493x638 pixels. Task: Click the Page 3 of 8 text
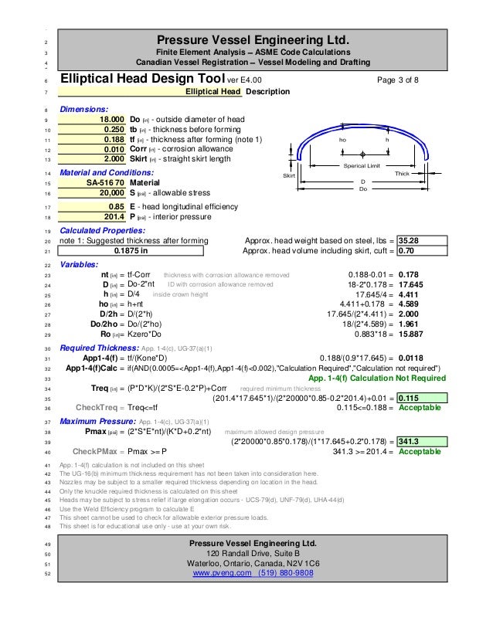397,79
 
